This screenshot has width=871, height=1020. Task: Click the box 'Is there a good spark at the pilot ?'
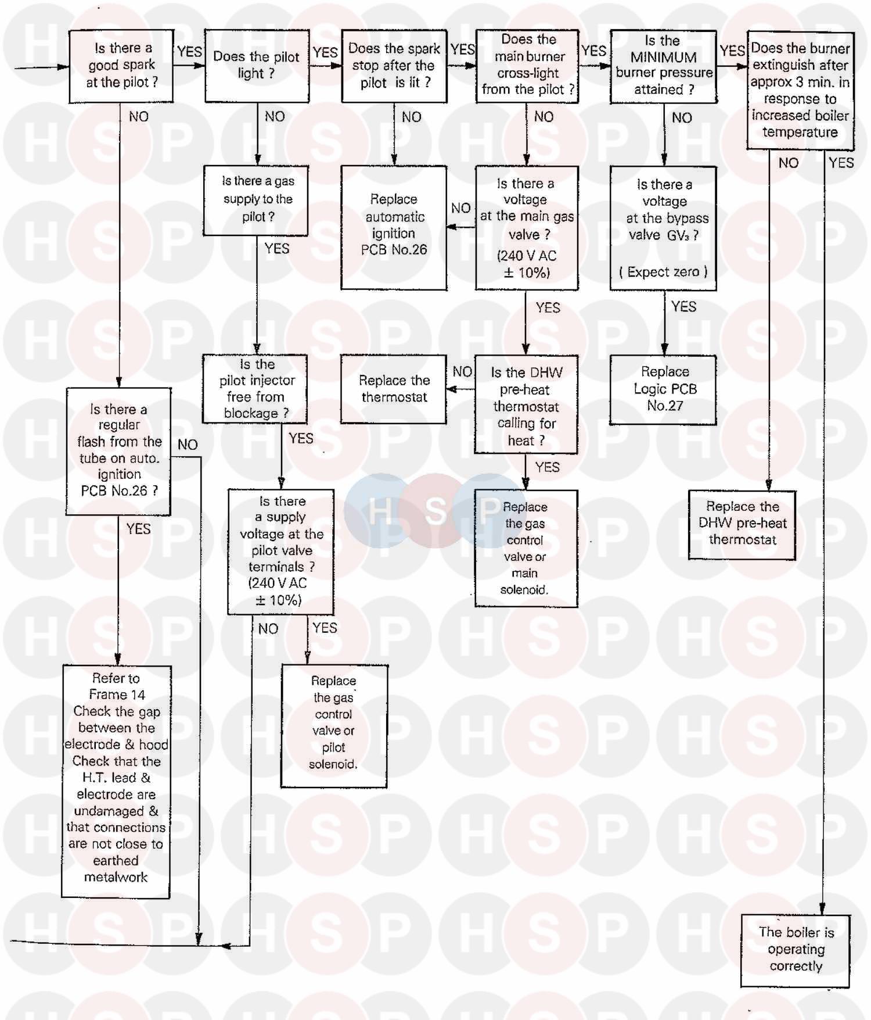(x=121, y=66)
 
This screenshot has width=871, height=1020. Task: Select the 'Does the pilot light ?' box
(x=257, y=66)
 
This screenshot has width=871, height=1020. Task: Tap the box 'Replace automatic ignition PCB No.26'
(x=394, y=227)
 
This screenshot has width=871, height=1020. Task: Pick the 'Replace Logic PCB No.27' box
(x=663, y=389)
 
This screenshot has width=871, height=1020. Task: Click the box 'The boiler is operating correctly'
(x=796, y=950)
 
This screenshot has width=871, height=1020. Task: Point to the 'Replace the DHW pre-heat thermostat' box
(x=742, y=524)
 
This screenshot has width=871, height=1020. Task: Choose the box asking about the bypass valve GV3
(x=663, y=228)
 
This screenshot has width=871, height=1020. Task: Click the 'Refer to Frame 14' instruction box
(x=116, y=782)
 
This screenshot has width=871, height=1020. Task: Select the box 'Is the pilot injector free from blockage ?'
(x=255, y=389)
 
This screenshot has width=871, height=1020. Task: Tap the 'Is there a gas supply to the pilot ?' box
(x=255, y=201)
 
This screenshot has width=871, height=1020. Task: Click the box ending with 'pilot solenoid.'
(x=334, y=726)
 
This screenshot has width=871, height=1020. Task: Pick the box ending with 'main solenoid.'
(x=526, y=548)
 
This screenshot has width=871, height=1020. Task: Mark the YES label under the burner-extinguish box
(x=841, y=163)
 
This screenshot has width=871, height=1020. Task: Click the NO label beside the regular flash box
(x=188, y=445)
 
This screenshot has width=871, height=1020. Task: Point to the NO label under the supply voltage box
(x=268, y=628)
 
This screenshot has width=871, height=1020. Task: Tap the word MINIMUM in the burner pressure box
(x=663, y=57)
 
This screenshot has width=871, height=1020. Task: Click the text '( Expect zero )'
(x=663, y=272)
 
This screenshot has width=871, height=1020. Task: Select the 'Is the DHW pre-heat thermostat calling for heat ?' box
(x=526, y=405)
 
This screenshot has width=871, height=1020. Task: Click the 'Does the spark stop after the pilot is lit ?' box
(x=394, y=66)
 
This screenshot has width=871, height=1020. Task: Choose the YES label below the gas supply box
(x=277, y=249)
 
